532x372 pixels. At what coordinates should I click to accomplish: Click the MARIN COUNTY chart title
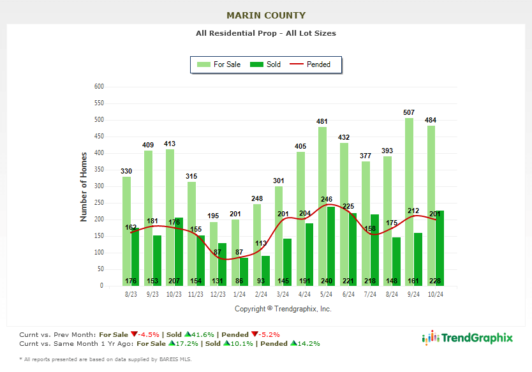pyautogui.click(x=266, y=15)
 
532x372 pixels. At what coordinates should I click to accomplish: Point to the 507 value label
pyautogui.click(x=409, y=112)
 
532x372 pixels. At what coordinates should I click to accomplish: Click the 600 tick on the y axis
pyautogui.click(x=99, y=86)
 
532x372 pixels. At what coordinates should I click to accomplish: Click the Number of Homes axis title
pyautogui.click(x=84, y=187)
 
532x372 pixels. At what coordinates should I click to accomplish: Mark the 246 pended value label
pyautogui.click(x=327, y=199)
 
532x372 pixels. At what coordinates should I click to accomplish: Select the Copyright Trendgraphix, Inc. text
pyautogui.click(x=283, y=309)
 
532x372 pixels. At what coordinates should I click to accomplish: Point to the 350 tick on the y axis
pyautogui.click(x=99, y=170)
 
